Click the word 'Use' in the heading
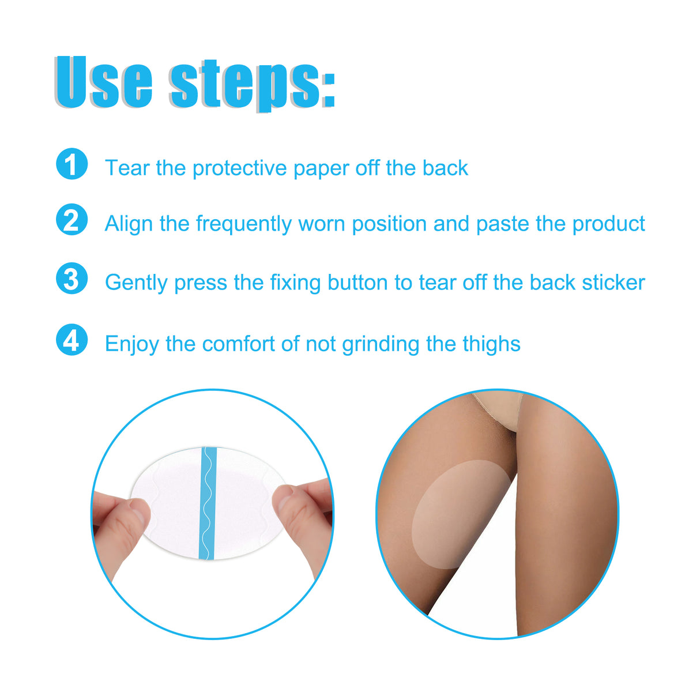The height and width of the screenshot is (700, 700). [x=104, y=82]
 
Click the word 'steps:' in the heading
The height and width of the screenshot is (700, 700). [x=253, y=84]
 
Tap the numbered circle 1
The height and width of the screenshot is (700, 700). [x=71, y=164]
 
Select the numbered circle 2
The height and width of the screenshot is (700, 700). [x=71, y=220]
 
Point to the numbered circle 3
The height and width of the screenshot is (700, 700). [x=71, y=279]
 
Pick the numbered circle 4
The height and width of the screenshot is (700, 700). [x=71, y=340]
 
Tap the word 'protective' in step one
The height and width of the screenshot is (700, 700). [x=239, y=168]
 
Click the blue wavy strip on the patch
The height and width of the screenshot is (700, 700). [x=207, y=503]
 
